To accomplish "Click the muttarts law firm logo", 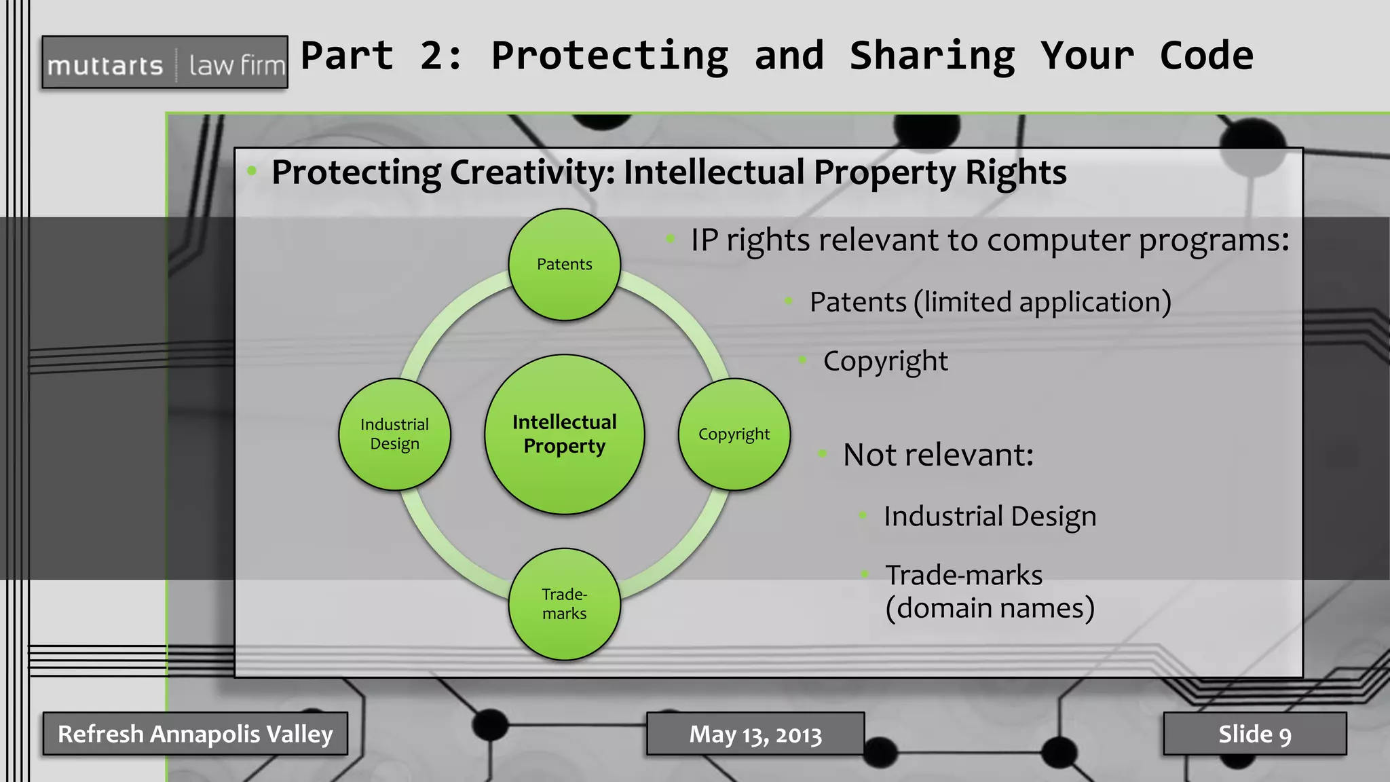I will point(165,63).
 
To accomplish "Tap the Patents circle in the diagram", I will point(564,264).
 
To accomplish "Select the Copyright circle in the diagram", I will point(734,434).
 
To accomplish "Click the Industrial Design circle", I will point(394,434).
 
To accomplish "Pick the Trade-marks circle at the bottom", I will point(564,603).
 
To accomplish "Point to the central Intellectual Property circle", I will point(564,434).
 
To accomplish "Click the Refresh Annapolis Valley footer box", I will point(195,734).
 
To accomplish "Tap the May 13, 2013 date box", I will point(755,734).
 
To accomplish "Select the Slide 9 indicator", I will point(1254,734).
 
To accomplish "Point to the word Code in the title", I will point(1206,56).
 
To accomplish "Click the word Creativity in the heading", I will point(532,172).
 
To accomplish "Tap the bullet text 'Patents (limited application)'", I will point(990,302).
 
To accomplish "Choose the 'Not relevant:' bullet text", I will point(938,455).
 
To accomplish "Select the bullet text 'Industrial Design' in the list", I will point(990,517).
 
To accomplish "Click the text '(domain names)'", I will point(990,608).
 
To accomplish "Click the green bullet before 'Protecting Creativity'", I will point(252,171).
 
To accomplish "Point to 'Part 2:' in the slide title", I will point(381,56).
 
